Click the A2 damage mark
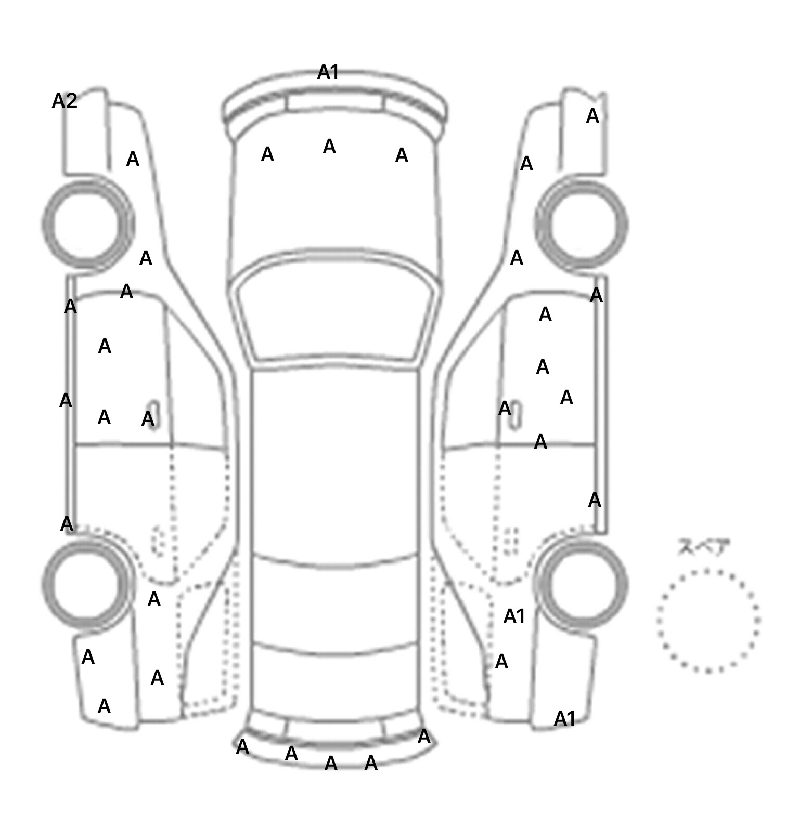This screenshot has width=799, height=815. coord(65,101)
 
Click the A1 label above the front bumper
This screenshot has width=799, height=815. coord(328,73)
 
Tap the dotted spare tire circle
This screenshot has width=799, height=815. coord(708,621)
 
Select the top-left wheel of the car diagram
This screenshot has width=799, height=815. coord(87,224)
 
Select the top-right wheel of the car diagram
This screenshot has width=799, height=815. coord(582,225)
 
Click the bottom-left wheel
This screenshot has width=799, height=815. coord(87,584)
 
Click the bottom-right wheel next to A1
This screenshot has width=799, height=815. coord(582,584)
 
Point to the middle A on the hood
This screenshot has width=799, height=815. coord(329,147)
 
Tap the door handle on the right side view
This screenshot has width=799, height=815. coord(516,415)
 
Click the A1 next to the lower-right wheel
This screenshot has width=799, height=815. coord(514,617)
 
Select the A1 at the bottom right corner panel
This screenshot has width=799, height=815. coord(565,719)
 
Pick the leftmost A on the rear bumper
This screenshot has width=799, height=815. coord(242,747)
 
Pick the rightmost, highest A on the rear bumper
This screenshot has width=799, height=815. coord(424,737)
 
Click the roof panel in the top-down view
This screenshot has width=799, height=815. coord(335,463)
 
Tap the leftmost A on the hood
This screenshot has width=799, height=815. coord(267,154)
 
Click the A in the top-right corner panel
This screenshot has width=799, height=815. coord(592,116)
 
